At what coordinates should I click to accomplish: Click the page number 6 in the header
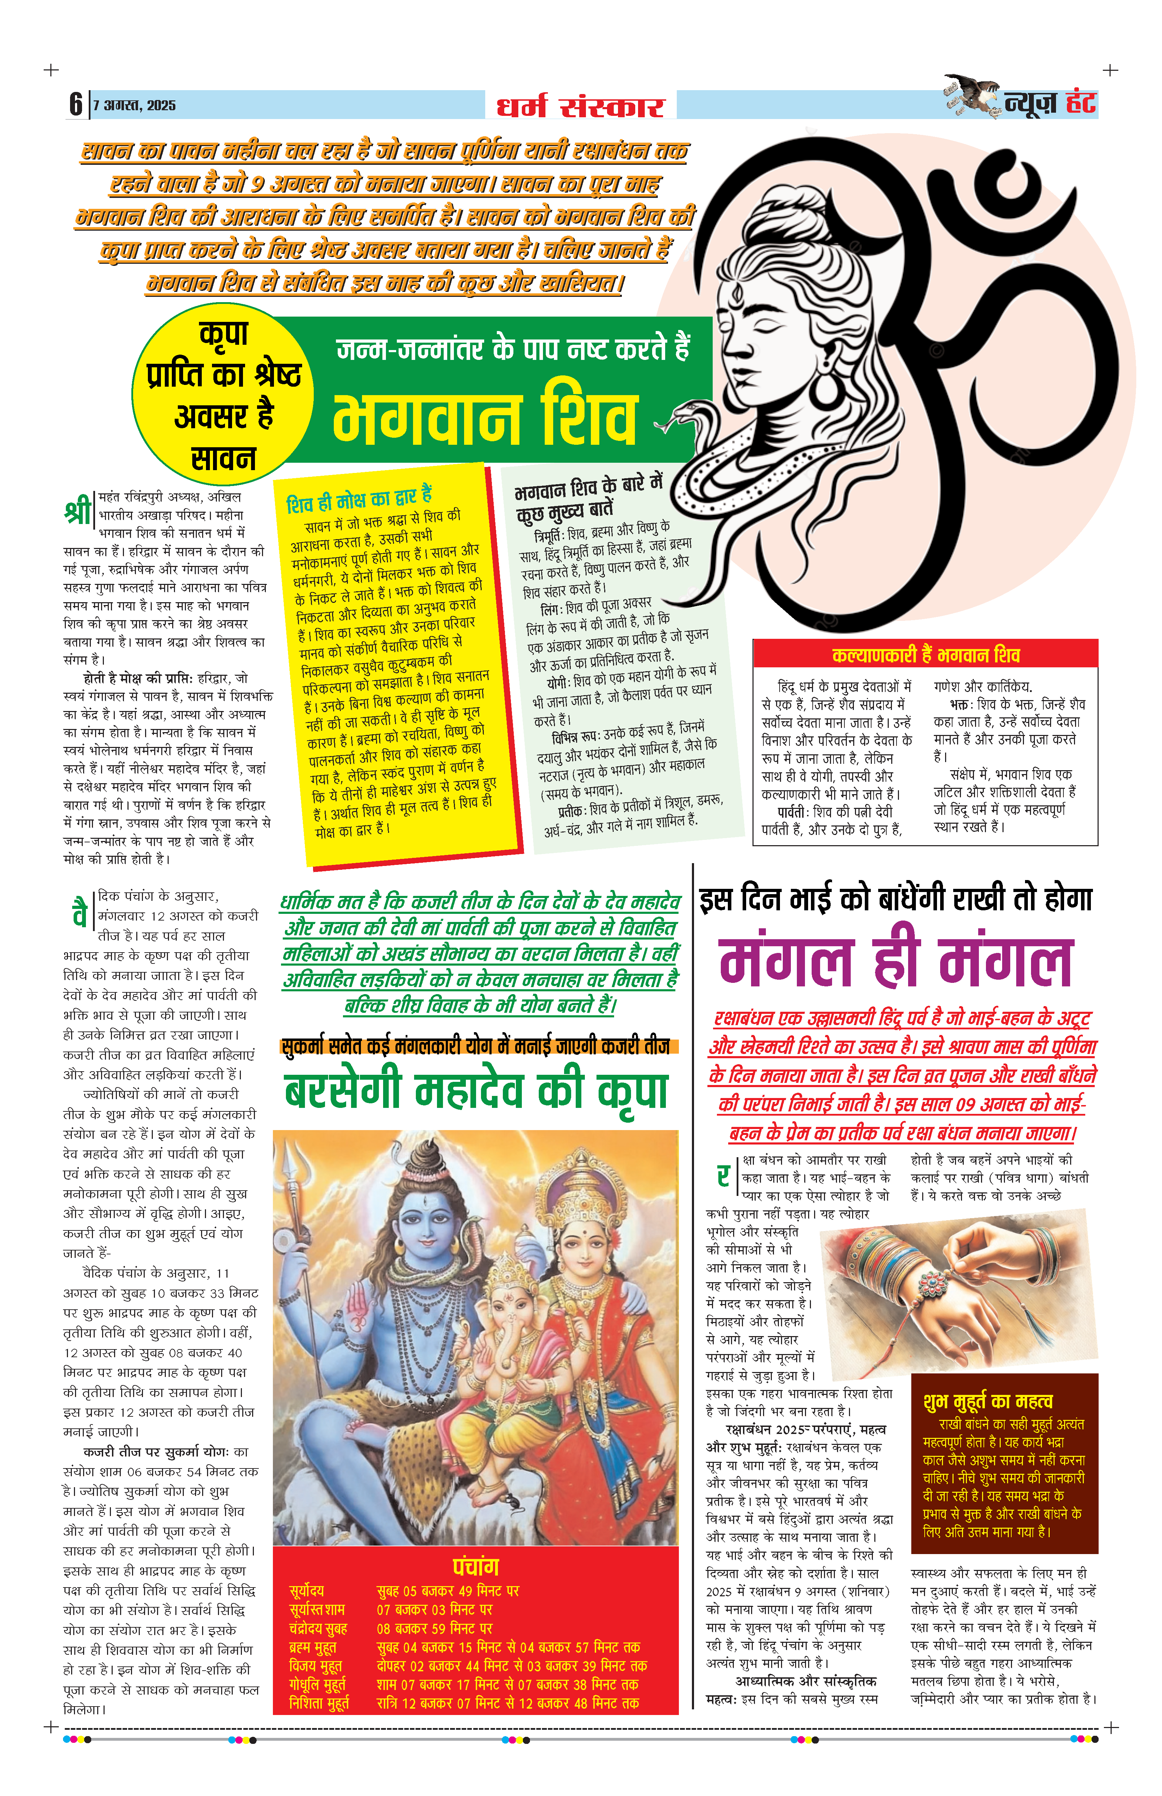tap(75, 104)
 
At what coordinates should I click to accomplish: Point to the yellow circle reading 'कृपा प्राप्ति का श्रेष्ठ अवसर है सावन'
tap(223, 395)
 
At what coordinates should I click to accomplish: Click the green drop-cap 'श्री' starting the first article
tap(79, 511)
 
